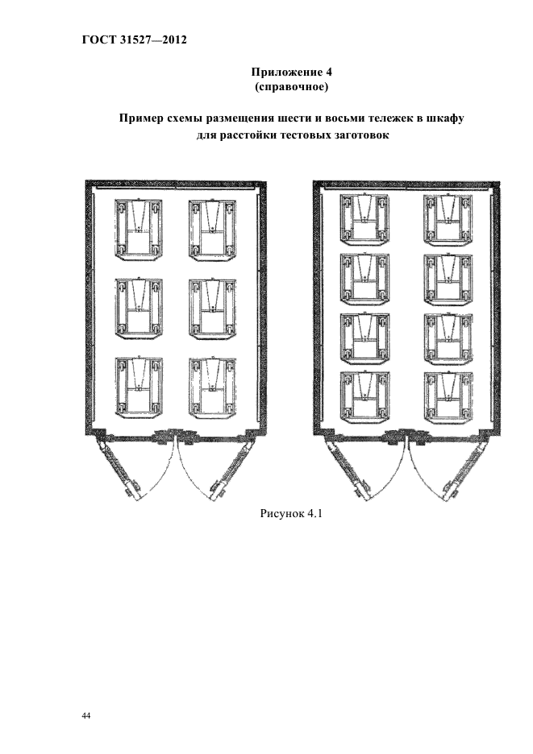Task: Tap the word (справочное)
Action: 291,88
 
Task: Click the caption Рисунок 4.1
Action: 291,514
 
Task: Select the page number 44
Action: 86,716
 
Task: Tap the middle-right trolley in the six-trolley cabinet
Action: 212,309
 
